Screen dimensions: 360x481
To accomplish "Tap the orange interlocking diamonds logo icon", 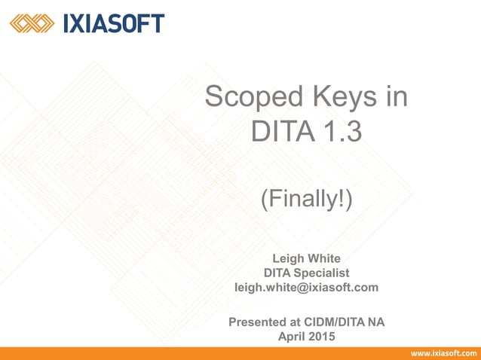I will point(32,24).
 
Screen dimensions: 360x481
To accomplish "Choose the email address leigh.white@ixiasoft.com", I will point(307,287).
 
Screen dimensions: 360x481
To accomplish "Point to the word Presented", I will point(259,322).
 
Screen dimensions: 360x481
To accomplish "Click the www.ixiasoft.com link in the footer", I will point(443,353).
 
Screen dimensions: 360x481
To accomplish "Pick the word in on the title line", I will point(397,97).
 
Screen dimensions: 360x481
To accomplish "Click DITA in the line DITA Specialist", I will point(278,272).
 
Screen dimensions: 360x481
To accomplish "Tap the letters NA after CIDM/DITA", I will point(376,322).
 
